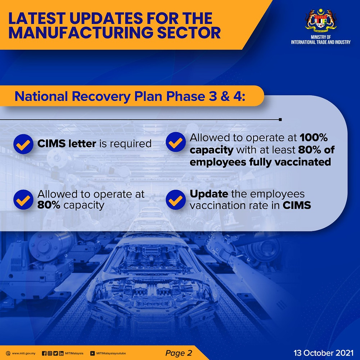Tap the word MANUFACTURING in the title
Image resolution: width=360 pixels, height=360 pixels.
[81, 33]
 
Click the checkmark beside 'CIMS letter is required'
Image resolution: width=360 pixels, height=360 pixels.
[23, 144]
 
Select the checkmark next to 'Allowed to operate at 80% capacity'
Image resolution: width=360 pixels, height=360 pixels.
[23, 199]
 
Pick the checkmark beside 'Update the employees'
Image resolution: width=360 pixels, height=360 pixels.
[176, 199]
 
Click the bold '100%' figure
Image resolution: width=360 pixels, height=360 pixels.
[314, 138]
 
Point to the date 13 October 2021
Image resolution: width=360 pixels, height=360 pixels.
[323, 353]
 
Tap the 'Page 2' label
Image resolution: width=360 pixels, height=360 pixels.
[179, 353]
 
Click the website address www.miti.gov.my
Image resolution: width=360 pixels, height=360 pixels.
[24, 354]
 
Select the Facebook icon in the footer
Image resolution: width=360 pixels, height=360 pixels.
[44, 354]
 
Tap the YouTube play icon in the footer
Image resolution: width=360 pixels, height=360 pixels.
[93, 354]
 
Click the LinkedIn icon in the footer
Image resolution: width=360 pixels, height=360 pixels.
[61, 354]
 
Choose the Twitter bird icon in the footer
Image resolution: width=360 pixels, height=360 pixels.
[55, 354]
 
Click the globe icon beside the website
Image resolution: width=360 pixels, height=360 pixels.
[8, 354]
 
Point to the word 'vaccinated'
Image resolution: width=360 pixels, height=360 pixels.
[303, 162]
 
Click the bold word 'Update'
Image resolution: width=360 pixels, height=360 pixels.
[209, 194]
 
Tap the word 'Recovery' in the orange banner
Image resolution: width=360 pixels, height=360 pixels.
[101, 96]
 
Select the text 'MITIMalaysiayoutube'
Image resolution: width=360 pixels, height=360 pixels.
[111, 354]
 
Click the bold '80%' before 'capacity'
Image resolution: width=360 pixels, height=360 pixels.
[49, 205]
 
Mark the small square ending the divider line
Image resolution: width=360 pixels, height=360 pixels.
[280, 120]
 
